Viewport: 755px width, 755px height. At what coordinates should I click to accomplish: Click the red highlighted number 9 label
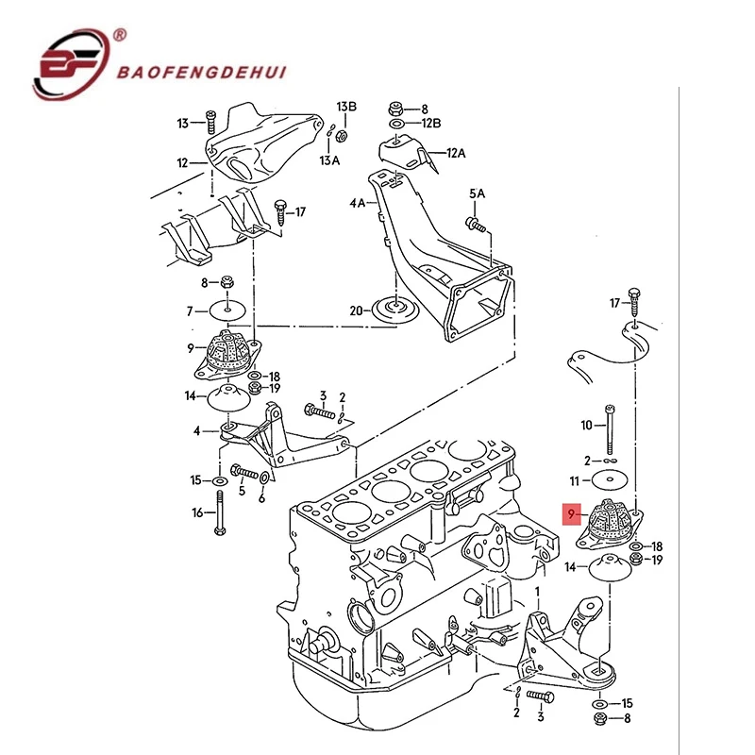pyautogui.click(x=570, y=514)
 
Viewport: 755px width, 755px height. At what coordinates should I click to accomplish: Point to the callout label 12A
pyautogui.click(x=457, y=152)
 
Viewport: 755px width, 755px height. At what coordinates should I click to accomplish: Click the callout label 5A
pyautogui.click(x=478, y=193)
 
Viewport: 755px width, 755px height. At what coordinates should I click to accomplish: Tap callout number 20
pyautogui.click(x=356, y=310)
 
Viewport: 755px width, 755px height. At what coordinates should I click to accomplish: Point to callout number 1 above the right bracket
pyautogui.click(x=538, y=591)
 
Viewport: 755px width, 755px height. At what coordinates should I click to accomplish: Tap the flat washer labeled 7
pyautogui.click(x=229, y=310)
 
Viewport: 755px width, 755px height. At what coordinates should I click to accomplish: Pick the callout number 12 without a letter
pyautogui.click(x=183, y=162)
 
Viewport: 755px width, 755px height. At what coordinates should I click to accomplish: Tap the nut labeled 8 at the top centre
pyautogui.click(x=399, y=109)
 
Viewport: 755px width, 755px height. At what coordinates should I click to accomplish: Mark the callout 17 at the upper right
pyautogui.click(x=615, y=303)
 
